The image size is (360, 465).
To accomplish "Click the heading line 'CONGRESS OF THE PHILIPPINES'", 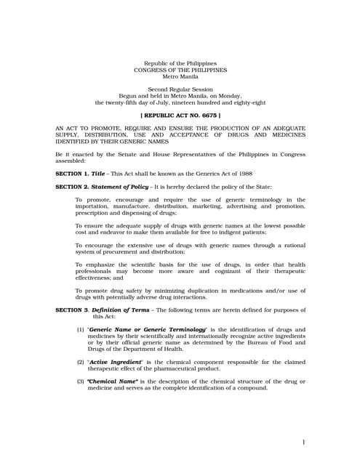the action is [x=180, y=70].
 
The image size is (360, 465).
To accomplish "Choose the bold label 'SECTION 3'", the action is [x=71, y=310].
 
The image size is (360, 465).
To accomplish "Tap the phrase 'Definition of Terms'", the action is [x=121, y=310].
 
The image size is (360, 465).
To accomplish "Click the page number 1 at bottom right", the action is [x=303, y=442].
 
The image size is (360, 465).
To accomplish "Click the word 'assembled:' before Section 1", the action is [x=71, y=161].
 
